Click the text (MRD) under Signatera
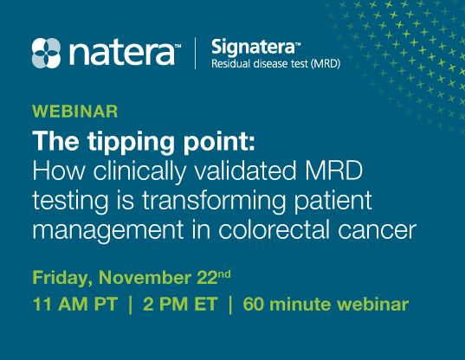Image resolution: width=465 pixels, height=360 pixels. [323, 63]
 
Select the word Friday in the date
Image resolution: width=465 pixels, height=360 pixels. [61, 279]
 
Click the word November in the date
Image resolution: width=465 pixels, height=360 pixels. [141, 279]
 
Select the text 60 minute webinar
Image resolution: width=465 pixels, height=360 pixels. [325, 305]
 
